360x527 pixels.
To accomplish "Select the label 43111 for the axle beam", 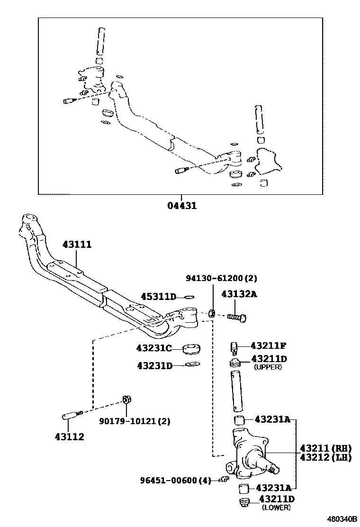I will coord(77,245).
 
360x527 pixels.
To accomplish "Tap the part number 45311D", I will coord(158,297).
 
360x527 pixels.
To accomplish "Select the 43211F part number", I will coord(269,345).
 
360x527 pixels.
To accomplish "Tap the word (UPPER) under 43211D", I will coord(268,367).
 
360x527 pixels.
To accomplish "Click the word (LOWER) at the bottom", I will coord(276,508).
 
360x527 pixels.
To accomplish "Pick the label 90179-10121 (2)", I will coord(135,421).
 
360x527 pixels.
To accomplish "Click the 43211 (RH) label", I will coord(325,448).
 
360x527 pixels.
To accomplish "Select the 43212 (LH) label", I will coord(325,457).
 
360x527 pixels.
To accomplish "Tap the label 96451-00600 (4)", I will coord(175,480).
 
